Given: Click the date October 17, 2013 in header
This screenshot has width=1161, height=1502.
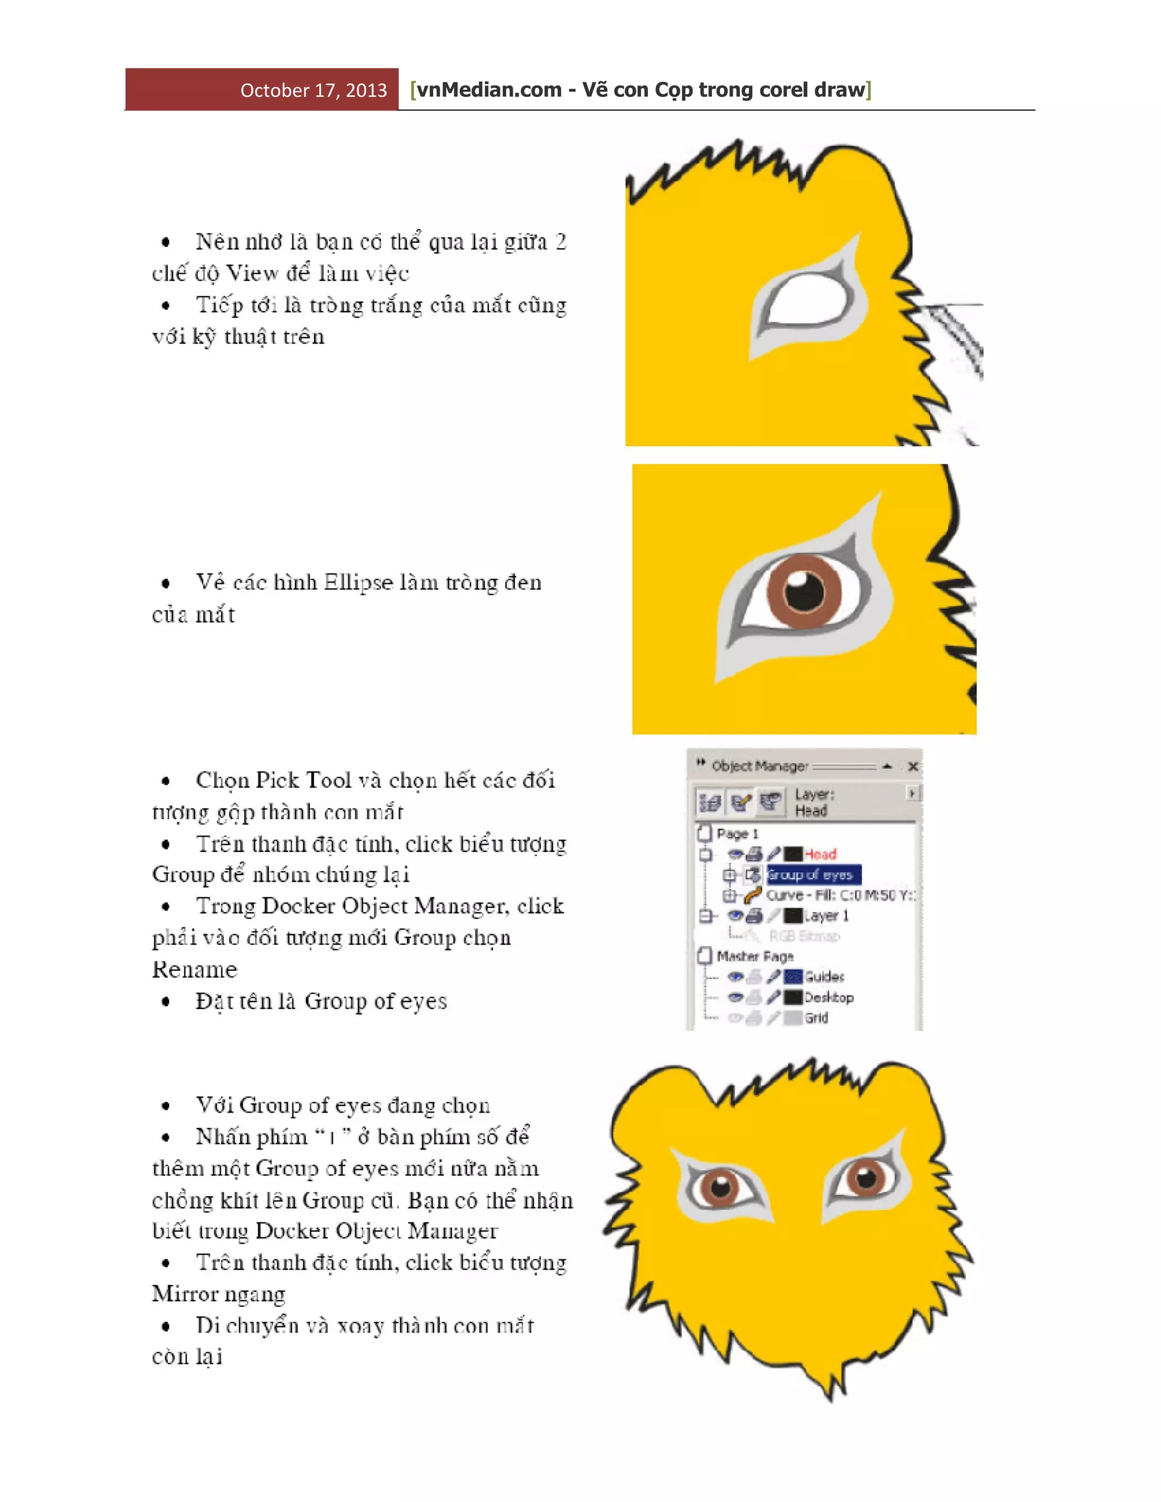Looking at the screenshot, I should (x=313, y=90).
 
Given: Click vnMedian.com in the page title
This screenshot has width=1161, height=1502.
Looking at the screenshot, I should (x=489, y=90).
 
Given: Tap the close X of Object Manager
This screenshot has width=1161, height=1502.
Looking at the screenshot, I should (x=913, y=766).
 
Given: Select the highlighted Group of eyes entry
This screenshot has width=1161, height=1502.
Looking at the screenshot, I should (x=813, y=875).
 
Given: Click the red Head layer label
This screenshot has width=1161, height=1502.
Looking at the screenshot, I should (x=820, y=854).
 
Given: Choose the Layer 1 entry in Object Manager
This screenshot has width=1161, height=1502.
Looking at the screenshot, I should (x=826, y=915).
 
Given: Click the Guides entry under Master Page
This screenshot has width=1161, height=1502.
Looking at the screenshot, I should (x=824, y=977).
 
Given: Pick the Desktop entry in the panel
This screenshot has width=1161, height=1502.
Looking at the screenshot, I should (x=829, y=997).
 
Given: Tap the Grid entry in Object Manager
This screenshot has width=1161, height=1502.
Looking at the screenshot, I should (x=816, y=1018).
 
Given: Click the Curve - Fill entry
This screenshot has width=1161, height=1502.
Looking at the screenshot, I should (x=839, y=895).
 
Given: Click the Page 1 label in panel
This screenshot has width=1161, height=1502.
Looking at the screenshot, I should (x=738, y=834).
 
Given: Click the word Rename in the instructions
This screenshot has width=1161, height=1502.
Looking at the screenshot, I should (x=194, y=969).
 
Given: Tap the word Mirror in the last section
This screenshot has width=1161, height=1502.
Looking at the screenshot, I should (x=181, y=1293).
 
